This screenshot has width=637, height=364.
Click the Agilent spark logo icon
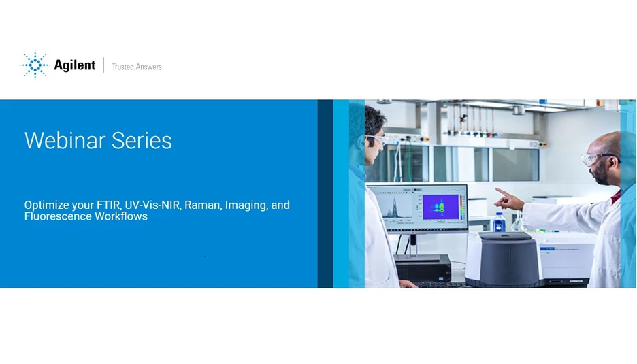[x=35, y=65]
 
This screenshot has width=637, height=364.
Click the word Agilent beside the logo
[x=75, y=66]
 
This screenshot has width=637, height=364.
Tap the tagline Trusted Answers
[x=137, y=67]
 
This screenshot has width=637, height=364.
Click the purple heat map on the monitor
[x=440, y=207]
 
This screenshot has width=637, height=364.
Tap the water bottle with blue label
[x=500, y=222]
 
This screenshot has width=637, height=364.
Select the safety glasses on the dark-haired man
[x=376, y=138]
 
